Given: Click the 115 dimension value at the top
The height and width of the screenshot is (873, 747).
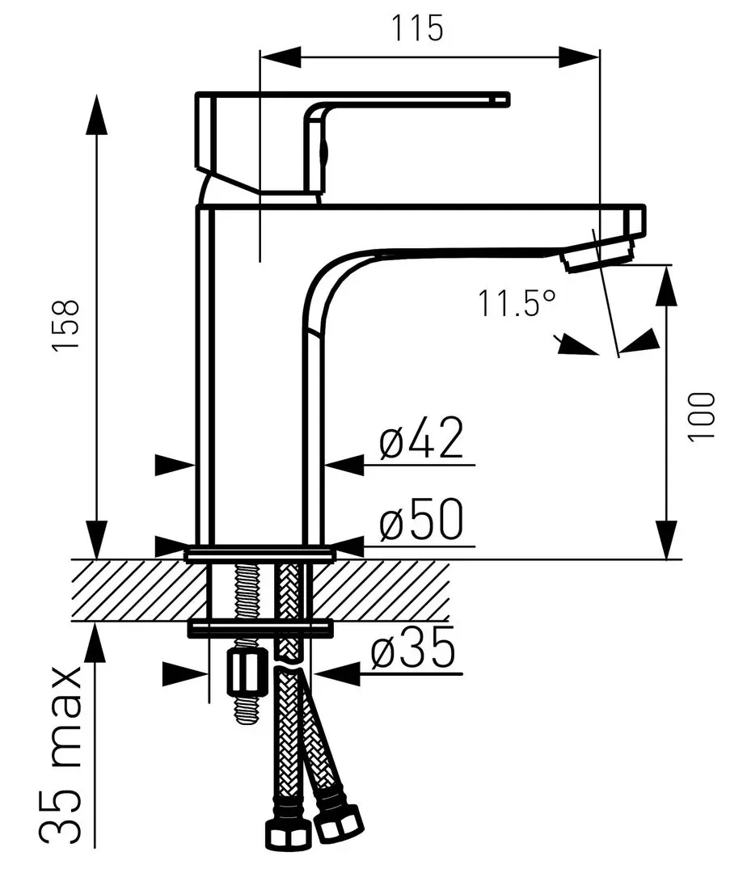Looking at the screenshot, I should (418, 29).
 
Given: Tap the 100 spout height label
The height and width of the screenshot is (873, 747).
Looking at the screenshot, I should (703, 415).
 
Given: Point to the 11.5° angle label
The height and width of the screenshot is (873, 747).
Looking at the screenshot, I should (517, 305).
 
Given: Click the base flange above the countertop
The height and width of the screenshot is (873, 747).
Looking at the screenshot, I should (260, 555).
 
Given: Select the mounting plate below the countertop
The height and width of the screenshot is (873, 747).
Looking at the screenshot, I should (260, 626).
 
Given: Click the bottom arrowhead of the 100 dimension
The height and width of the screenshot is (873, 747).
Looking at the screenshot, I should (668, 541).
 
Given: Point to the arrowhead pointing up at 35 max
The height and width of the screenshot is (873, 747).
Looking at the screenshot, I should (96, 642).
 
